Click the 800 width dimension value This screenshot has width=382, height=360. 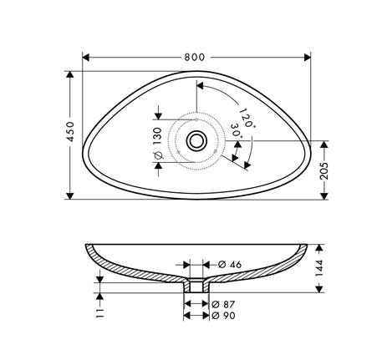(195, 57)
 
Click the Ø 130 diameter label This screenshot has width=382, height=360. (157, 141)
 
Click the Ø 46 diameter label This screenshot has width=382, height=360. (230, 264)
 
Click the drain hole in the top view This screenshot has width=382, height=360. (197, 140)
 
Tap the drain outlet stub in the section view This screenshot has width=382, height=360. (196, 288)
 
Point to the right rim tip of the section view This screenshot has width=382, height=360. (304, 248)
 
